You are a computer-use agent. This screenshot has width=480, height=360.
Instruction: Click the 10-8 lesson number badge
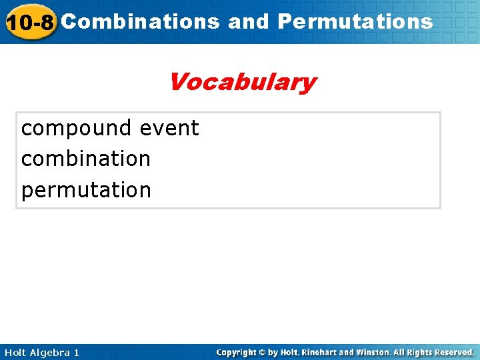29,23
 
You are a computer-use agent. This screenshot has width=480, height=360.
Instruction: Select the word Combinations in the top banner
141,21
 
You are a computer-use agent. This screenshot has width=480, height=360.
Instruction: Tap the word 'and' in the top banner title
248,21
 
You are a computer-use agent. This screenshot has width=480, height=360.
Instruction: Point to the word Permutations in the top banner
355,21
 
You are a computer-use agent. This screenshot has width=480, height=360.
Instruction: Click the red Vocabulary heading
242,82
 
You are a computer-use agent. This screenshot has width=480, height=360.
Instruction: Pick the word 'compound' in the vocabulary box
77,128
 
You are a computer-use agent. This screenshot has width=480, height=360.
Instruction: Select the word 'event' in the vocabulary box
169,128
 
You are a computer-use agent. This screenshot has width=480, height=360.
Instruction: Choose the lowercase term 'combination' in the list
86,159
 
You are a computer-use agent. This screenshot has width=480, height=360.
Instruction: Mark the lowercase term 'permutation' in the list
86,190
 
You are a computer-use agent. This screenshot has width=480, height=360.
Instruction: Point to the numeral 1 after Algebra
76,352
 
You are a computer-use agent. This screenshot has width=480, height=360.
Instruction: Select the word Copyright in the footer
238,352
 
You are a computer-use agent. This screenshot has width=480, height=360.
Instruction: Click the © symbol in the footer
265,352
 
